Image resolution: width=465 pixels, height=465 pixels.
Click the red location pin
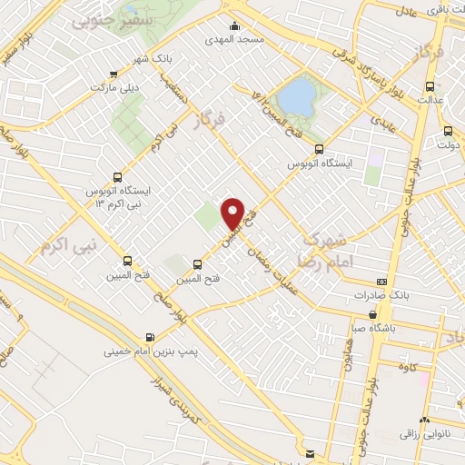(x=233, y=213)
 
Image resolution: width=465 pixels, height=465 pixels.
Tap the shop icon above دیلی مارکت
(x=113, y=74)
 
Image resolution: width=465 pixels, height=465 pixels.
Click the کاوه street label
(x=419, y=367)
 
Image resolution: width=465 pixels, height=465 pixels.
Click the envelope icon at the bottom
(x=312, y=452)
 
